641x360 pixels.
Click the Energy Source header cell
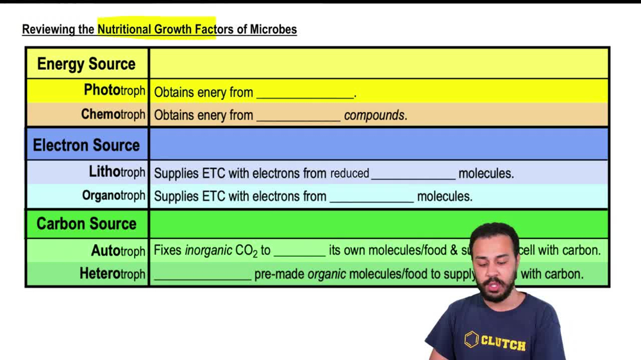click(87, 64)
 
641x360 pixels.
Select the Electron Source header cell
click(87, 145)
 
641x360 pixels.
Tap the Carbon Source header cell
click(87, 224)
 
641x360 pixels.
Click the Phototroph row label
click(114, 91)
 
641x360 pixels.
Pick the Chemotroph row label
click(113, 115)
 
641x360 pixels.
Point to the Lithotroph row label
click(117, 172)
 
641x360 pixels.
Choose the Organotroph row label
click(113, 196)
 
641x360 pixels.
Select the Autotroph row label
click(118, 250)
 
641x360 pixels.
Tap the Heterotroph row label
click(112, 274)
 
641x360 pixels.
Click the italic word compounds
click(374, 116)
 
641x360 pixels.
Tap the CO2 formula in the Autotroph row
click(247, 250)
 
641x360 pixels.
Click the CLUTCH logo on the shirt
click(497, 341)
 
